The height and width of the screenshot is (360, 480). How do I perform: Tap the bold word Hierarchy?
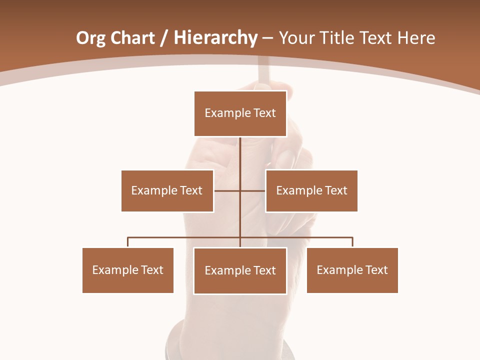pos(215,38)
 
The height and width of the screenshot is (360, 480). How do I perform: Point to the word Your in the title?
pos(296,38)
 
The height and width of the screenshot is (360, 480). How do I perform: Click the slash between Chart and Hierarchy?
pos(164,38)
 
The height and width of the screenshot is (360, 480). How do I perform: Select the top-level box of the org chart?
pos(240,113)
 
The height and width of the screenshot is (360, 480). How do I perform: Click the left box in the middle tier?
pos(167,190)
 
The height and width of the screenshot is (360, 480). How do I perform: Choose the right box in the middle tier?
pos(311,190)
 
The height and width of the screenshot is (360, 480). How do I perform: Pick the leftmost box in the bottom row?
pos(128,270)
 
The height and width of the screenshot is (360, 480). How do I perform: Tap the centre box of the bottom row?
pos(240,270)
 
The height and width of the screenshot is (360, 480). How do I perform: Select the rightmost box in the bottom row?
pos(352,270)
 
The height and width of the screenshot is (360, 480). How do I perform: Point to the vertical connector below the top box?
pos(240,160)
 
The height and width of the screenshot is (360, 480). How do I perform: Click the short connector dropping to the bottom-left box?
pos(128,242)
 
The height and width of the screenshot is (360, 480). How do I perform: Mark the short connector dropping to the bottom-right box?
pos(352,242)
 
